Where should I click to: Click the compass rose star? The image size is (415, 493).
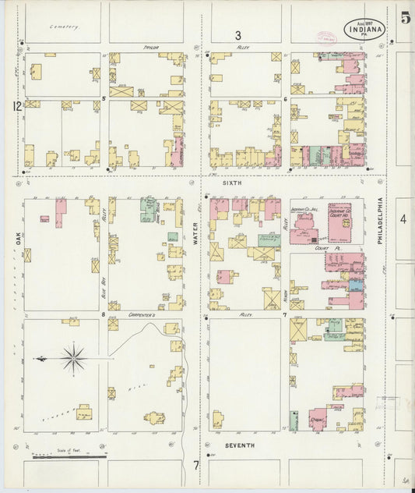point(73,359)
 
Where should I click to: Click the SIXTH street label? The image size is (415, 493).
point(233,183)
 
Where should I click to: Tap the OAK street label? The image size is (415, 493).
point(16,243)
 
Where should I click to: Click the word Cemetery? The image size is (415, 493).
point(64,27)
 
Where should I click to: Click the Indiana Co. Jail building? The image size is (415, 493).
point(304,224)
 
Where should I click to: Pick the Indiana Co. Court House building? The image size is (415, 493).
point(339,220)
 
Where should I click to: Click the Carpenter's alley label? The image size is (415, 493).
point(142,315)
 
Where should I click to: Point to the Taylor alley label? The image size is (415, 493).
point(150,48)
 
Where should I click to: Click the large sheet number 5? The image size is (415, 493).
point(405,19)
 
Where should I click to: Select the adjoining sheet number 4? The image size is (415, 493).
point(403,220)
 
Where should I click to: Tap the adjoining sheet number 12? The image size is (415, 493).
point(16,105)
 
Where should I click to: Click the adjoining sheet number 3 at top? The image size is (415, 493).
point(238,34)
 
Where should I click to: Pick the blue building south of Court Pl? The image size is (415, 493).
point(356,286)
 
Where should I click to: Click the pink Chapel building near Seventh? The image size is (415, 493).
point(317,419)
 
